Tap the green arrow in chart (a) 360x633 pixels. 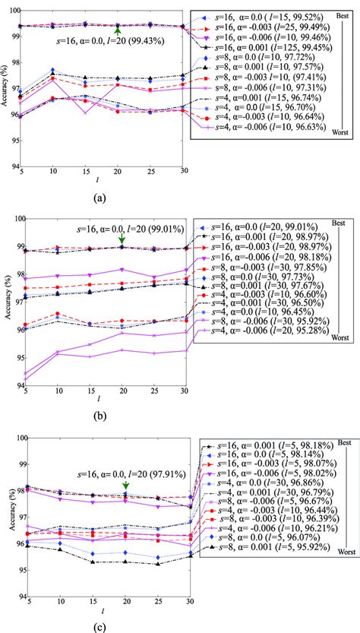(x=118, y=33)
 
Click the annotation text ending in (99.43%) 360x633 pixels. (x=102, y=44)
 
